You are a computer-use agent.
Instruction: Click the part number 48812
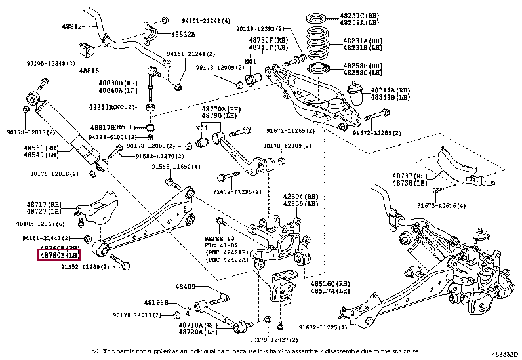71,26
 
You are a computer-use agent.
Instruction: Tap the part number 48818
90,70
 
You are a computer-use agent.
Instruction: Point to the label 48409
186,287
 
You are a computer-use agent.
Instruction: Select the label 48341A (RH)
390,90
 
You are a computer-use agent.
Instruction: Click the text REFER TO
219,239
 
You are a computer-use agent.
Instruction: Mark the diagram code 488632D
506,355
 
